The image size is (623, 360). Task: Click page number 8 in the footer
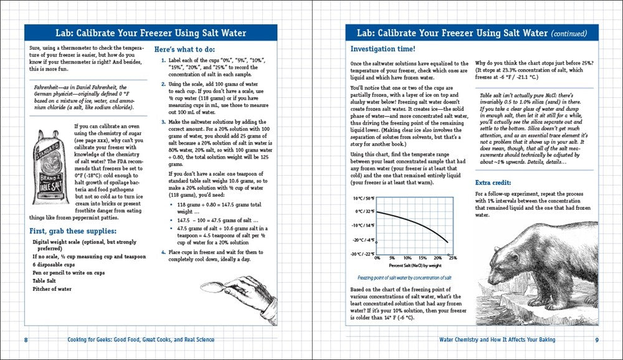26,339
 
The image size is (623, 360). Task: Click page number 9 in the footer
596,339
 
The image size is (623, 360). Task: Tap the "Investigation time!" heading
379,49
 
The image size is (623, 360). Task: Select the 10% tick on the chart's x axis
407,258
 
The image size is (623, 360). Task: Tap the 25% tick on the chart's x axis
452,258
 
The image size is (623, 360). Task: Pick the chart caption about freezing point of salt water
405,278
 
